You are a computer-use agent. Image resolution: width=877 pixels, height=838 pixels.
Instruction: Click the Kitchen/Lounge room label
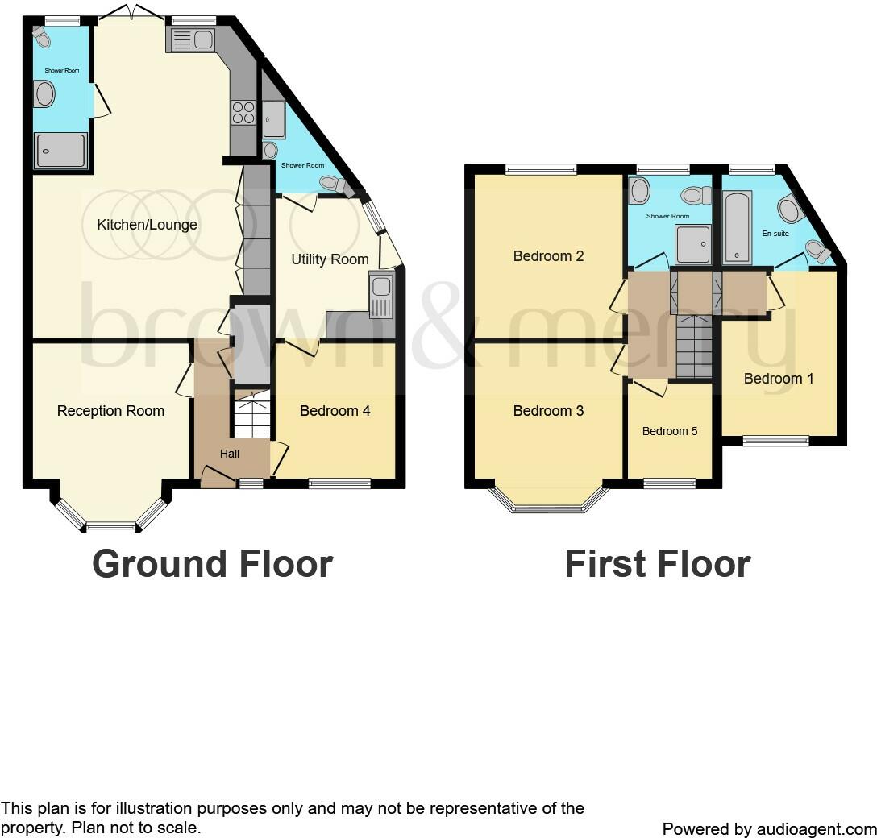pos(147,225)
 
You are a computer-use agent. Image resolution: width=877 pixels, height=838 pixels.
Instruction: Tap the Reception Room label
pos(110,411)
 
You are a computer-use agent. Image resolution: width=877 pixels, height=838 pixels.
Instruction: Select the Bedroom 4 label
pos(335,411)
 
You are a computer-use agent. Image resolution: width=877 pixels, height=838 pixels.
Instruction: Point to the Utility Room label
pos(330,259)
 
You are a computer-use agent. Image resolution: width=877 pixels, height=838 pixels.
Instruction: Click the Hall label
pos(230,454)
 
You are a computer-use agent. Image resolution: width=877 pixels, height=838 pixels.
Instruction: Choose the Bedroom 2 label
pos(548,256)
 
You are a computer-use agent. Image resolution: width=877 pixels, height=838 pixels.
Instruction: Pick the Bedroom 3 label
pos(548,411)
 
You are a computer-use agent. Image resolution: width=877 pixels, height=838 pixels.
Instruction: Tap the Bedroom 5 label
pos(670,431)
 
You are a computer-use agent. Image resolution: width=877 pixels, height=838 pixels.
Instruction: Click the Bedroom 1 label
pos(773,378)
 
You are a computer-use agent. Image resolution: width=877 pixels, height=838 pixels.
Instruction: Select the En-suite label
pos(775,234)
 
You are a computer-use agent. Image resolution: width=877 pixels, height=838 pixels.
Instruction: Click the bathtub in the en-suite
pos(737,227)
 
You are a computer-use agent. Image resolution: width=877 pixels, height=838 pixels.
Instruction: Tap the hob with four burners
pos(243,112)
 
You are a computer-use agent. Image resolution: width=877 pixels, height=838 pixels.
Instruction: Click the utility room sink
pos(381,296)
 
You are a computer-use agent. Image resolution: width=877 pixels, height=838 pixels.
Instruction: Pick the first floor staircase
pos(693,347)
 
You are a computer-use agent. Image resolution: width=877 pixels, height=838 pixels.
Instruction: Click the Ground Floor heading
pos(212,564)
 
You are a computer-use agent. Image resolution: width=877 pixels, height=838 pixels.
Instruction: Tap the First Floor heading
pos(657,564)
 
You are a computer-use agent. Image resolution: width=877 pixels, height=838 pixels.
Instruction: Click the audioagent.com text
pos(815,828)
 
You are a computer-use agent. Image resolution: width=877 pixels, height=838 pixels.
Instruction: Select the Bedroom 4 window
pos(339,483)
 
